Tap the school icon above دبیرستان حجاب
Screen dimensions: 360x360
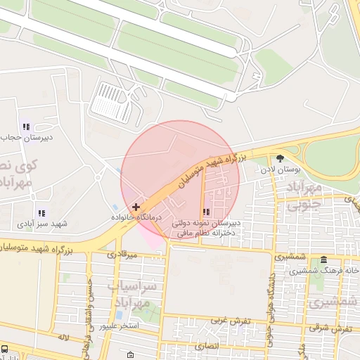click(x=26, y=127)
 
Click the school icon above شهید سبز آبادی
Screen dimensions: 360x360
click(x=41, y=212)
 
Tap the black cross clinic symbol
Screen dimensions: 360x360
click(x=136, y=207)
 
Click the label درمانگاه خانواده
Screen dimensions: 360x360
click(x=139, y=219)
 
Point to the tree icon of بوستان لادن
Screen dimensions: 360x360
click(x=281, y=159)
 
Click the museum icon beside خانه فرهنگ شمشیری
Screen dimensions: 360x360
click(x=323, y=260)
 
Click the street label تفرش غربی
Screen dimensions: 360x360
click(x=226, y=321)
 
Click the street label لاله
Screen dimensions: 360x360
click(x=63, y=338)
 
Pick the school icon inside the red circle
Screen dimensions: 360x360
click(x=205, y=212)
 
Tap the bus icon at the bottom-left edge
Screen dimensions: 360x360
click(x=5, y=349)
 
